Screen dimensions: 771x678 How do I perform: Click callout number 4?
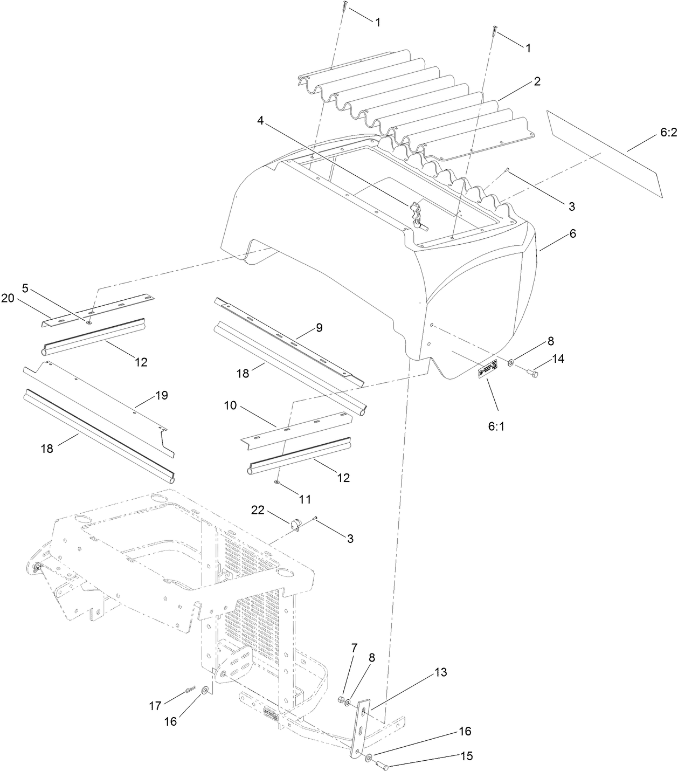(260, 121)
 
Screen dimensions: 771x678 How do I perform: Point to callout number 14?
(558, 358)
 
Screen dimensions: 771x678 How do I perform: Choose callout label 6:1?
(495, 425)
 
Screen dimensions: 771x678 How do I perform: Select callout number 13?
(441, 672)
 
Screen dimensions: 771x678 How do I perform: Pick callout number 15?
(467, 756)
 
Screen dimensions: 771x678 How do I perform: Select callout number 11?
(305, 499)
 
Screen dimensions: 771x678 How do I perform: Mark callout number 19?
(161, 395)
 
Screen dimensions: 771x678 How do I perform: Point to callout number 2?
(537, 81)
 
